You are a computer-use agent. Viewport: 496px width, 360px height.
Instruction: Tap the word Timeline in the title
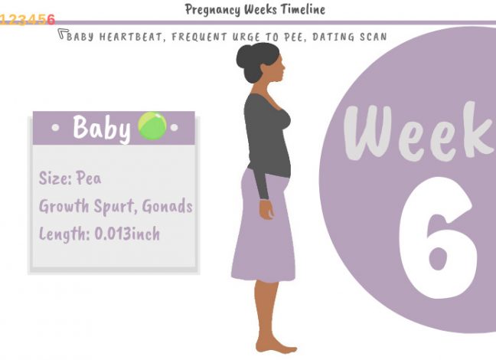coord(301,10)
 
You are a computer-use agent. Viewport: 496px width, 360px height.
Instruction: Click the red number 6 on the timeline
coord(51,20)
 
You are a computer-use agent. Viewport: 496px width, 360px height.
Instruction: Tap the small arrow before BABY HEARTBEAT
coord(61,34)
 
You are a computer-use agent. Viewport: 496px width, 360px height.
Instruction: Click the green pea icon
coord(152,126)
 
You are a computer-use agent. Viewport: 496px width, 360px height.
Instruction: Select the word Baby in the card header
coord(101,128)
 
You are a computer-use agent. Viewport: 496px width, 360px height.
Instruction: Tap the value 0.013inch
coord(127,234)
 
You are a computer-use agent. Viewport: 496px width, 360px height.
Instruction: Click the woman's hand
coord(266,208)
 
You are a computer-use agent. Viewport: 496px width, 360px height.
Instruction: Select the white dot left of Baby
coord(54,128)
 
